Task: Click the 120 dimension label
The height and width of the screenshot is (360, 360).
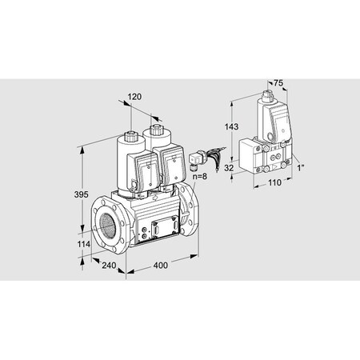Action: click(134, 96)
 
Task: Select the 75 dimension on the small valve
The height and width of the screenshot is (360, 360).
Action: click(278, 82)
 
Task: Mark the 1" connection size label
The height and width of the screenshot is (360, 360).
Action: click(301, 167)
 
